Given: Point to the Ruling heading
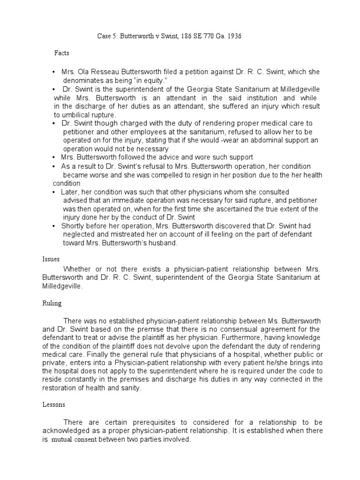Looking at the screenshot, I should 50,303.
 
